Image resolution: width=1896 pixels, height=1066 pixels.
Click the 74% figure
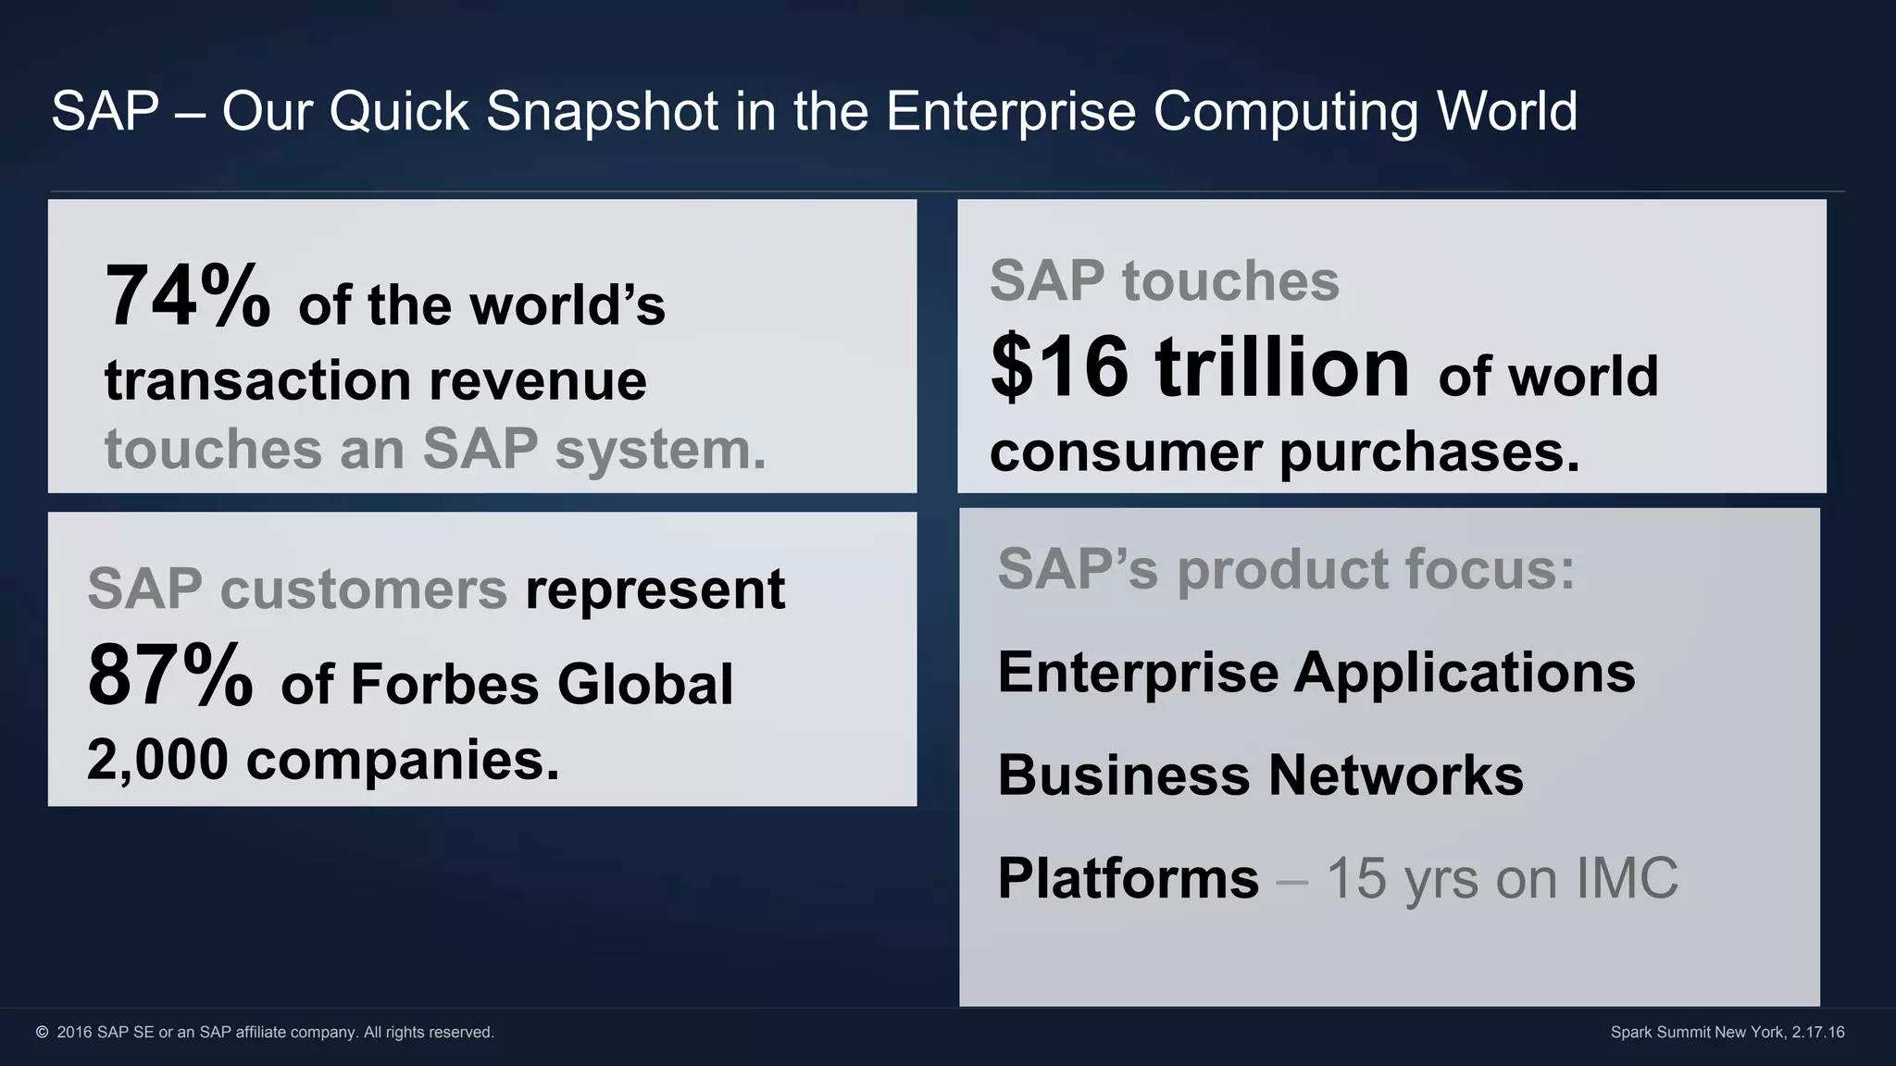[187, 296]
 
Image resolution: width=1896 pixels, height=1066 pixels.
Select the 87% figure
[170, 676]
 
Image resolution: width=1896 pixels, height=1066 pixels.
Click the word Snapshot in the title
[603, 111]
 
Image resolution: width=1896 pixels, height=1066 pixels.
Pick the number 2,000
[157, 760]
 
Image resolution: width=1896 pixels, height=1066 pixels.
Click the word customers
[364, 589]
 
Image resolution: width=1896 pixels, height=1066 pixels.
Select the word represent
[655, 590]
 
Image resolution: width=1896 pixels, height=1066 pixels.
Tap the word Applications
[1465, 673]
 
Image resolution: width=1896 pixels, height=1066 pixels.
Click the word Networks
[1395, 775]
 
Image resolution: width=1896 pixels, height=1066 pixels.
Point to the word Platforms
[1129, 877]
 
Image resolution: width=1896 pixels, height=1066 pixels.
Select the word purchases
[1429, 453]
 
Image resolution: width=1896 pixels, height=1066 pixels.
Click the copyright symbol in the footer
[42, 1032]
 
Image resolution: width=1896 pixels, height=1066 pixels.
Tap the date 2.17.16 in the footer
[1817, 1032]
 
